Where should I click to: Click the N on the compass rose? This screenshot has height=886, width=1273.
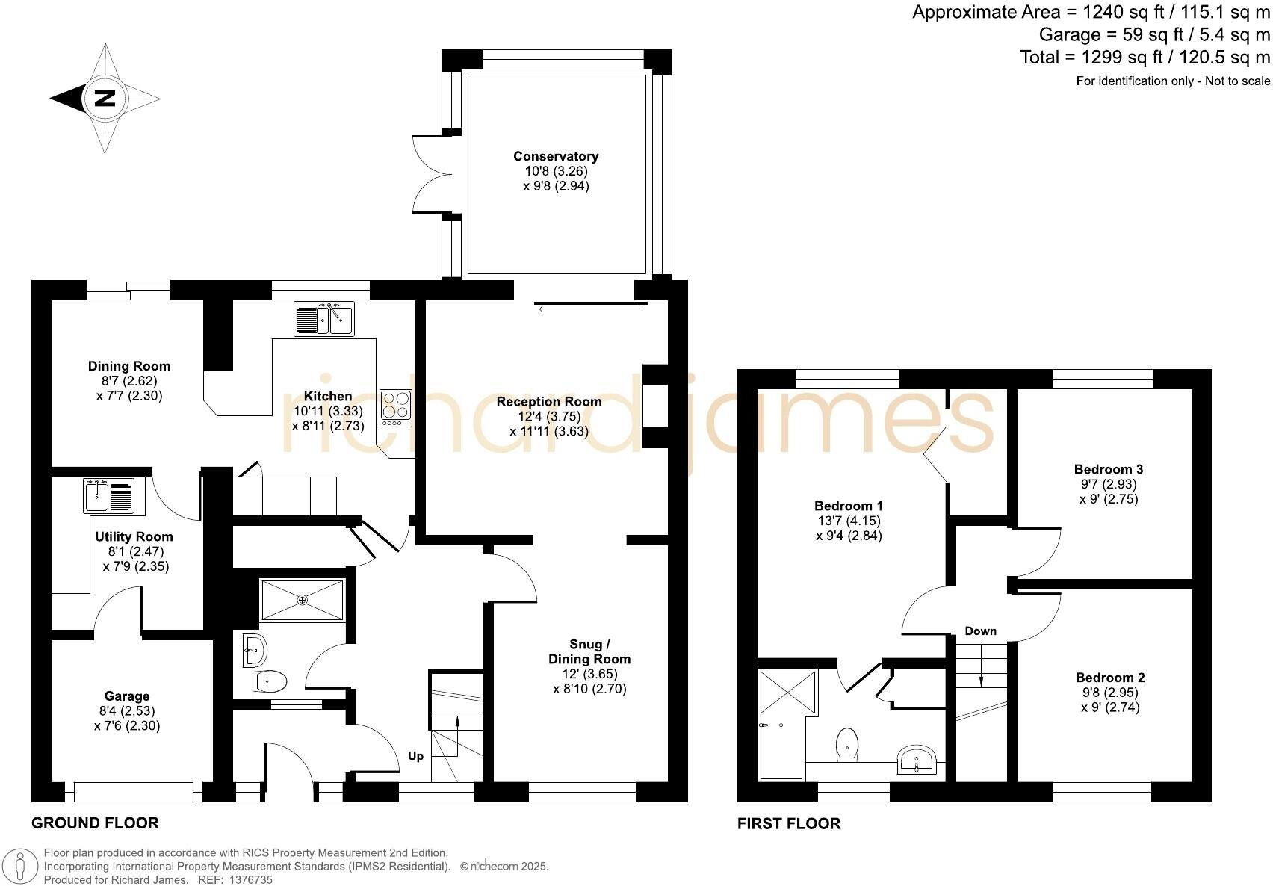point(105,98)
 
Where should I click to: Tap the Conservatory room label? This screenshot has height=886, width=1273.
point(556,156)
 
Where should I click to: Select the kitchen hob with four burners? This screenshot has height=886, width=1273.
point(395,408)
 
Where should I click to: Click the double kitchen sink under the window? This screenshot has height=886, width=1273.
point(324,319)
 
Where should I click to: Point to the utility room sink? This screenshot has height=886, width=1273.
point(109,496)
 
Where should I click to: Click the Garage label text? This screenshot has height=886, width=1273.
point(127,696)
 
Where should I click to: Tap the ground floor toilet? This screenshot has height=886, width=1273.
point(270,681)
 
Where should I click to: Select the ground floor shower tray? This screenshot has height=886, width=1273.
point(302,599)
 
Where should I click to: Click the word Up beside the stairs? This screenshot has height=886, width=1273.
point(416,756)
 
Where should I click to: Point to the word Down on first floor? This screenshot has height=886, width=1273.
point(980,631)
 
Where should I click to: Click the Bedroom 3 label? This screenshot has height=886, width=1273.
point(1109,469)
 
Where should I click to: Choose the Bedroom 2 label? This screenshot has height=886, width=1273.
point(1110,678)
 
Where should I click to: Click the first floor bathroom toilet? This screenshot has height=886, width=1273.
point(847,743)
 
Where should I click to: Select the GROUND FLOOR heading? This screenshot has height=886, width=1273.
point(95,823)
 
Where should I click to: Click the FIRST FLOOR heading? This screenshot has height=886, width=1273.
point(788,824)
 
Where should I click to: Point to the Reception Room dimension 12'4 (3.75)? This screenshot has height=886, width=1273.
point(549,416)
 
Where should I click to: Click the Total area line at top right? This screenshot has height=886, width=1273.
point(1145,58)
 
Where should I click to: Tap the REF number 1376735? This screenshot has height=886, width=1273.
point(250,880)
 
